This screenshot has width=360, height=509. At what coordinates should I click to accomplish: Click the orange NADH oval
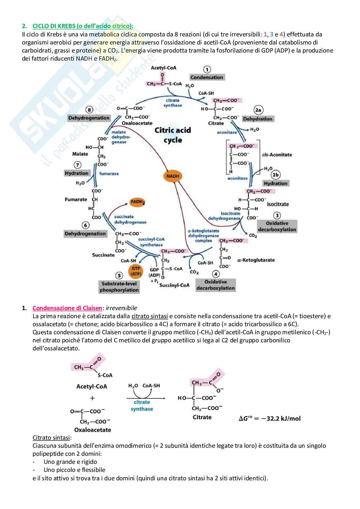click(x=173, y=176)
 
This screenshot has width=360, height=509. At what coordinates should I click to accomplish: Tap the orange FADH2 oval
click(x=137, y=202)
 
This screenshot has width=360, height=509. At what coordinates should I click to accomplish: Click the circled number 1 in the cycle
click(x=207, y=70)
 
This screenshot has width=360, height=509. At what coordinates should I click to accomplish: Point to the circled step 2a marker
click(x=258, y=110)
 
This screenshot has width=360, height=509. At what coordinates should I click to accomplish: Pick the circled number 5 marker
click(x=119, y=275)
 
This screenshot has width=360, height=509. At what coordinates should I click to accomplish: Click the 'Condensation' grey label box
click(x=206, y=77)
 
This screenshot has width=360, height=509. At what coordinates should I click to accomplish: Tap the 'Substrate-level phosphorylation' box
click(x=119, y=287)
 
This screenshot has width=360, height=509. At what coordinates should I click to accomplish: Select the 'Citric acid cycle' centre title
click(x=173, y=135)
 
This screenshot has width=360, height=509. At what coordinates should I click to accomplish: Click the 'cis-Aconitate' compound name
click(x=277, y=155)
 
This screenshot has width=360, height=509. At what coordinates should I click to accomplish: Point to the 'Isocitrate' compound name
click(x=278, y=204)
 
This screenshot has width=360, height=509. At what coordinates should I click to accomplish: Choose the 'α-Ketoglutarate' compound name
click(x=256, y=260)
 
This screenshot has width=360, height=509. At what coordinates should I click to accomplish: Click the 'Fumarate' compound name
click(x=76, y=200)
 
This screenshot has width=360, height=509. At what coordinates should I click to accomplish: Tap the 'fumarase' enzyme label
click(x=109, y=173)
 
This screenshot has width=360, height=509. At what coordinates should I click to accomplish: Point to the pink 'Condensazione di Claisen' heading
click(x=67, y=308)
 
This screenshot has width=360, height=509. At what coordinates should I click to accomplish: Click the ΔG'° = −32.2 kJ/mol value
click(x=269, y=418)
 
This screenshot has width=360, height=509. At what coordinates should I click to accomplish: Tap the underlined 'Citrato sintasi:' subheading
click(x=52, y=437)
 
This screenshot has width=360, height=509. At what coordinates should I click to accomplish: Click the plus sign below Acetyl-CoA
click(x=92, y=398)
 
